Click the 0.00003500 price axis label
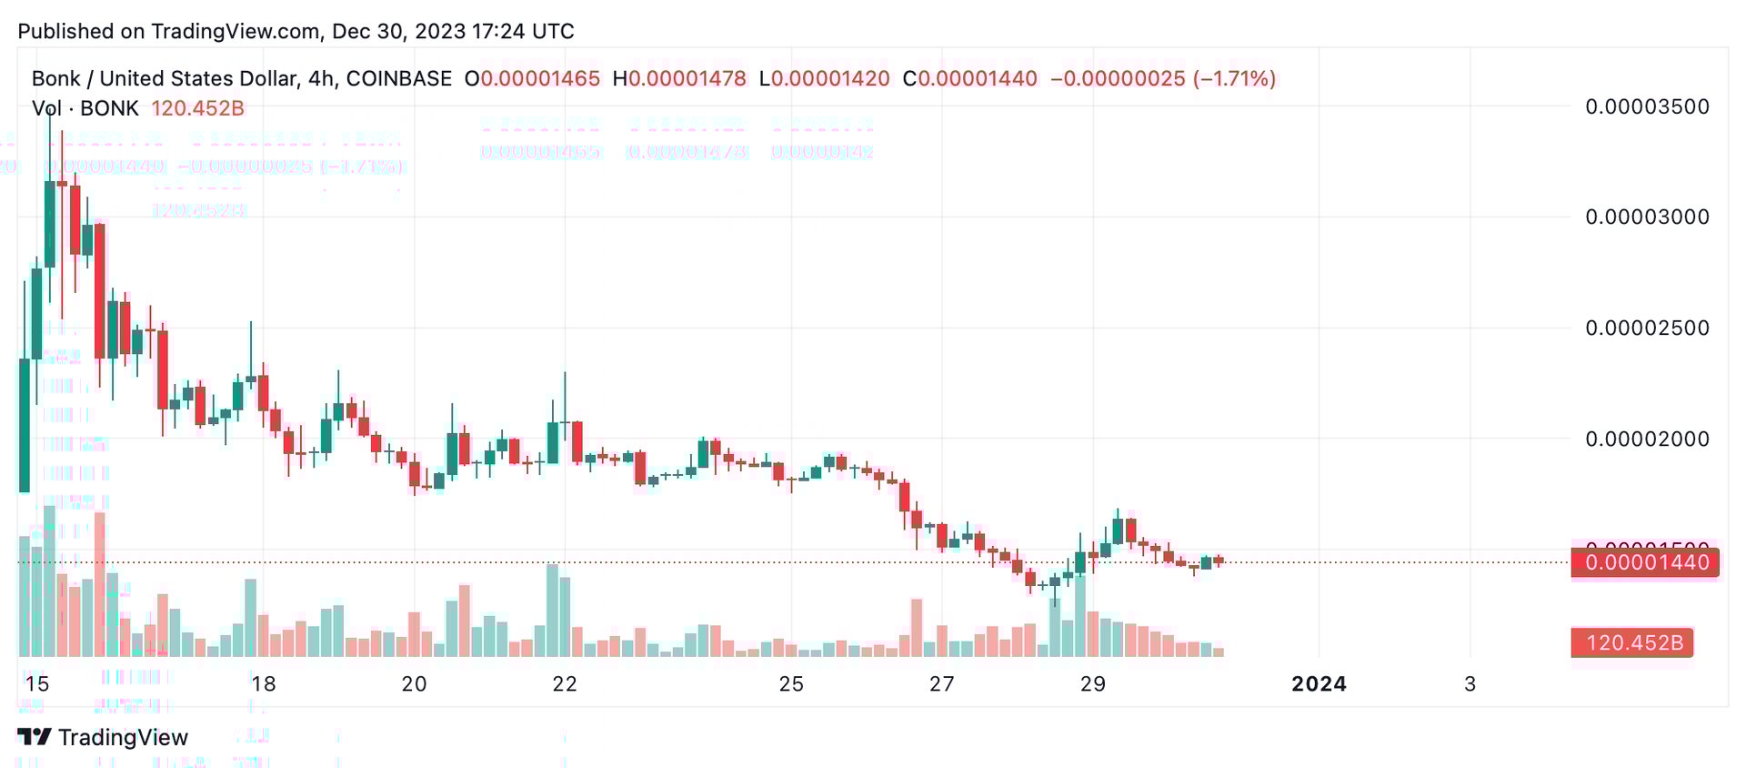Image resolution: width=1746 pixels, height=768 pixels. tap(1647, 106)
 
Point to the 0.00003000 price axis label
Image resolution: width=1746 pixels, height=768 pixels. tap(1647, 217)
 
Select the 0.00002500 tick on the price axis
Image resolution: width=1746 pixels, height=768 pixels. tap(1647, 328)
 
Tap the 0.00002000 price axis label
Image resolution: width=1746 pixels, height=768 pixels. tap(1647, 439)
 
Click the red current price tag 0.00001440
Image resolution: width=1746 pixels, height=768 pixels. tap(1646, 562)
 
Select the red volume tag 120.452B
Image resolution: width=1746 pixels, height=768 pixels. tap(1633, 643)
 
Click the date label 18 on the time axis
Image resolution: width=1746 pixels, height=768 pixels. tap(263, 684)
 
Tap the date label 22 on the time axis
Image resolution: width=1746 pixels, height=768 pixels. tap(565, 684)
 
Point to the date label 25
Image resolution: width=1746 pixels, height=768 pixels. tap(791, 684)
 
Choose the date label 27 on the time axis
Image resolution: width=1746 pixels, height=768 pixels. tap(942, 684)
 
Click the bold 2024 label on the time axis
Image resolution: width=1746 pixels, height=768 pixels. tap(1319, 684)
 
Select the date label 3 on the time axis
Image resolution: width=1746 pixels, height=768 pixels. tap(1470, 684)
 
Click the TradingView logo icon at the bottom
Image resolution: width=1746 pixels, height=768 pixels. tap(35, 737)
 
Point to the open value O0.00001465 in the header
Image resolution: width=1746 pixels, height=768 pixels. tap(532, 79)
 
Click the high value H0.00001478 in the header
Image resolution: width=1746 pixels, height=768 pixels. tap(679, 79)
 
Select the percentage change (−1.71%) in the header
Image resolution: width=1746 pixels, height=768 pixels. tap(1234, 79)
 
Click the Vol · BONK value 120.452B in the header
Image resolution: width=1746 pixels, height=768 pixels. tap(197, 108)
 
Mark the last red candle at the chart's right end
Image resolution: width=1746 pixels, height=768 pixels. tap(1219, 561)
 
